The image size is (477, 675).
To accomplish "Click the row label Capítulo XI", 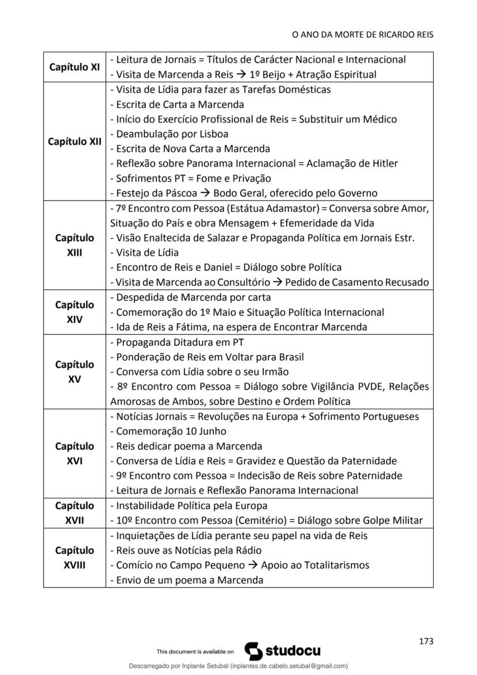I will coord(75,67).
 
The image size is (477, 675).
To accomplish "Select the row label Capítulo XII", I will coord(75,141).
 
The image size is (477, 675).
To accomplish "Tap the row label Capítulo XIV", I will coord(75,312).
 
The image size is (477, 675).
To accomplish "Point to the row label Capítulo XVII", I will coord(75,513).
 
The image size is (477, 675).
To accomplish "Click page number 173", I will coord(426,641).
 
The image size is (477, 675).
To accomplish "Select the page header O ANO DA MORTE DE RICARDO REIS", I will coord(362,35).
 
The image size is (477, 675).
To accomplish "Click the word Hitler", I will coord(383,163).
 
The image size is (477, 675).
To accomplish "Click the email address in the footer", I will coord(289,666).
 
